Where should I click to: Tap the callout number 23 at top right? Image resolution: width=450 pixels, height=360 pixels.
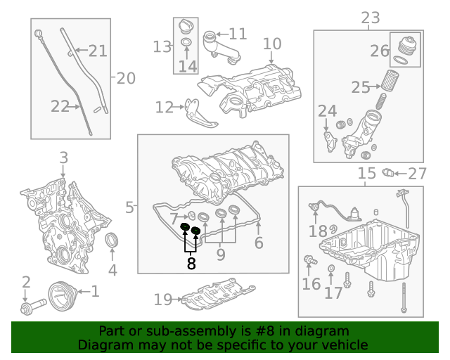pos(370,18)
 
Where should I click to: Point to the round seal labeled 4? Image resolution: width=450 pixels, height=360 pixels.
pos(112,242)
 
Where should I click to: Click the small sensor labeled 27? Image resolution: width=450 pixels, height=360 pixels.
pos(387,172)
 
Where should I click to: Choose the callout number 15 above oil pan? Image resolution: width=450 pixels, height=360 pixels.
pos(367,174)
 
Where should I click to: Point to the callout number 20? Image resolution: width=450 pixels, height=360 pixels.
pos(126,78)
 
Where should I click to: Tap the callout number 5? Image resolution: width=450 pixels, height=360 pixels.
pos(129,207)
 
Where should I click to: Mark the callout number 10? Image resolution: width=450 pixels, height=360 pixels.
pos(271,44)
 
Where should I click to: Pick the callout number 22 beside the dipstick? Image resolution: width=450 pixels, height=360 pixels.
pos(60,106)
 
